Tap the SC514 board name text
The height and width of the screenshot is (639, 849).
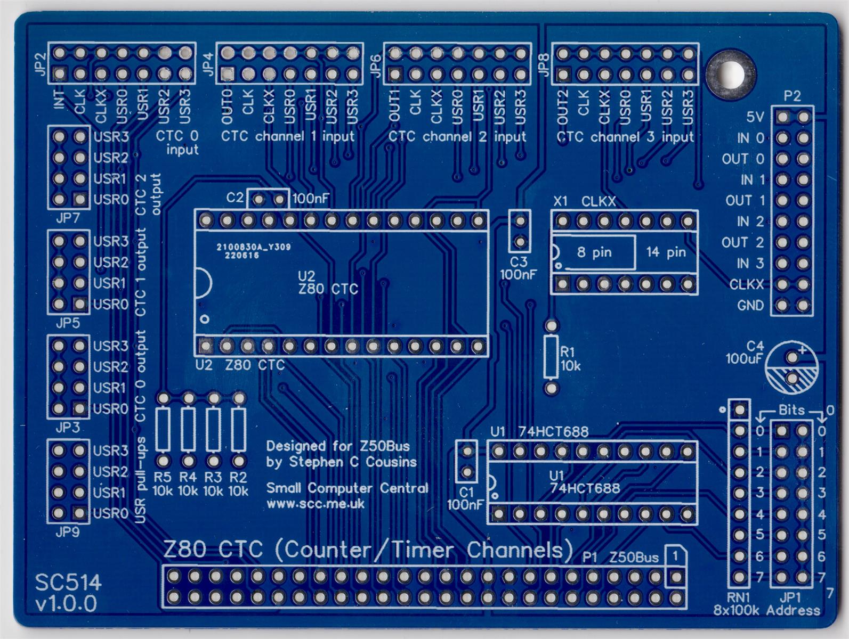68,582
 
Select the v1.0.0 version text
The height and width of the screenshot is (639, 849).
66,603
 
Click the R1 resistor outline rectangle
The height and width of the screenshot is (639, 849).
552,356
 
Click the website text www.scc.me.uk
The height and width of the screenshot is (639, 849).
316,503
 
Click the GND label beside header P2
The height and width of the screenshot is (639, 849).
750,306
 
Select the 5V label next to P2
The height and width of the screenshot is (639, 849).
755,117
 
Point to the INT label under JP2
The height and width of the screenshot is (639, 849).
60,100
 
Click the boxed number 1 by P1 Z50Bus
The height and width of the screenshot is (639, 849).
675,556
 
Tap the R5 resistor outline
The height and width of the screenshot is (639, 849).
164,429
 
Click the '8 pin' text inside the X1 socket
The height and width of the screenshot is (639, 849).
594,252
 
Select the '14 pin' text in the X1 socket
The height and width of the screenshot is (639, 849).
666,252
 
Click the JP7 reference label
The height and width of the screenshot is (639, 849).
68,218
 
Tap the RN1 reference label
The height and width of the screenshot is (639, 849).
738,597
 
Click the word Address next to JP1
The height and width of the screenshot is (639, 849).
793,610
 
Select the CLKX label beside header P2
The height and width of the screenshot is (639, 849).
746,285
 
